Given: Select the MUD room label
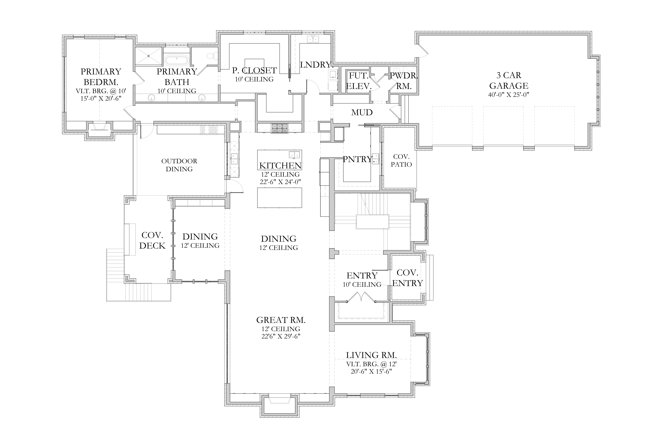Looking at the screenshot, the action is coord(362,112).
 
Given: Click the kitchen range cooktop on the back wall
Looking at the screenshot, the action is coord(280,128).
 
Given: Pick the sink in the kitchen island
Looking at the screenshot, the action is coord(294,154).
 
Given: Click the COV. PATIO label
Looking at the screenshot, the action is coord(401,161).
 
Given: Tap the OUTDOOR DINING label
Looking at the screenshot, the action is coord(179,165).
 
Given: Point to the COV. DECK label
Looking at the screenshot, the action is coord(152,240).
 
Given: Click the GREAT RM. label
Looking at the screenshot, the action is coord(281,320).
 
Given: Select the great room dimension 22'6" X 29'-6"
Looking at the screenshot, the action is coord(281,336).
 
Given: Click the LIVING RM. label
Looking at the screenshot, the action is coord(371,355).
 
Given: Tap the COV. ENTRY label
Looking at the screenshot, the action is coord(408,278).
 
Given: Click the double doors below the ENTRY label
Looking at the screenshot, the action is coord(361,297).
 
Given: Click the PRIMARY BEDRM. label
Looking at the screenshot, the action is coord(101,77).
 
